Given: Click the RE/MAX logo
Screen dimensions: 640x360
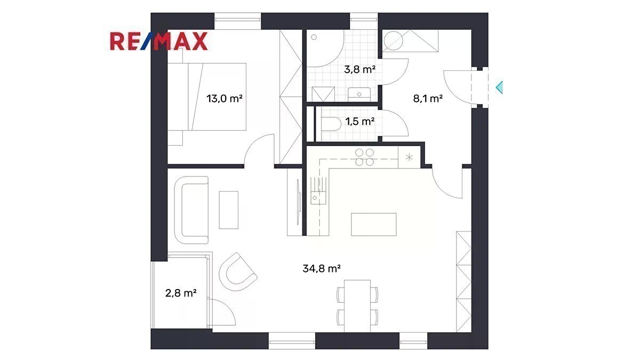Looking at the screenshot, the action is tap(159, 42).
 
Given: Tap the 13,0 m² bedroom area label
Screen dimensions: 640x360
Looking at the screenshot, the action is tap(225, 99).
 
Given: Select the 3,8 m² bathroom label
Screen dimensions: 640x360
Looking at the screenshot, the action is tap(359, 69).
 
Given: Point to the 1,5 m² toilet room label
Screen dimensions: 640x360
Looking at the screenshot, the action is tap(360, 122).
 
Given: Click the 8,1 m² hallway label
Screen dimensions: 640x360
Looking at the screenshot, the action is tap(428, 99).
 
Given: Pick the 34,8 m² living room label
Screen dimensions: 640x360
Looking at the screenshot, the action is tap(322, 269).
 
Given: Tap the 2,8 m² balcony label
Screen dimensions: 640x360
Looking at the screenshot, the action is tap(181, 293).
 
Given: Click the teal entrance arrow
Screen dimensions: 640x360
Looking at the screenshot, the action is tap(499, 87).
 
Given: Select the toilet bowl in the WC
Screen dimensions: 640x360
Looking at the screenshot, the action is tap(331, 124).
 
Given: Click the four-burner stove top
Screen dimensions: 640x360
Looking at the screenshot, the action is tap(365, 157).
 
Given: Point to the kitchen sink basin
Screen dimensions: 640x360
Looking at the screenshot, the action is tap(318, 198).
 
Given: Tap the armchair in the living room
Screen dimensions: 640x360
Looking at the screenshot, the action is tap(238, 271).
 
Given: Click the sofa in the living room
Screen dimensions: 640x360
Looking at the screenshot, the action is tap(191, 210).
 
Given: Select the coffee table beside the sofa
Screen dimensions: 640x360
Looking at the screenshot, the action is tap(229, 210).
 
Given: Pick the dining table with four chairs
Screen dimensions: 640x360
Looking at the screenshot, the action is tap(357, 306).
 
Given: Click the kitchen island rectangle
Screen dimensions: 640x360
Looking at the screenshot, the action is tap(374, 225).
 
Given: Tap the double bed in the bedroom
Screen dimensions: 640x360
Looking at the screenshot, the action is tap(207, 97).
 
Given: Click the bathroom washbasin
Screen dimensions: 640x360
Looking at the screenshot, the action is tap(359, 94).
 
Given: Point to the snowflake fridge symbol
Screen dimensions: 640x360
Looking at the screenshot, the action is tap(410, 157).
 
